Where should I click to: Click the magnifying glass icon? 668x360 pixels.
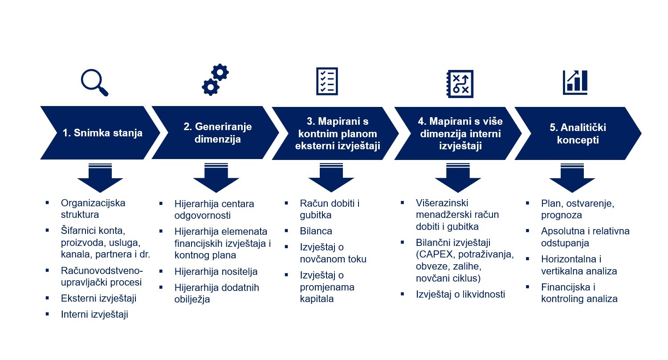point(94,82)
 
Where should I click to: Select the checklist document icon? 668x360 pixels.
point(327,81)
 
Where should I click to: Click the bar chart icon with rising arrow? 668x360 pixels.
point(575,82)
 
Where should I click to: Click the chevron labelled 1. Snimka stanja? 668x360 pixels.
point(100,133)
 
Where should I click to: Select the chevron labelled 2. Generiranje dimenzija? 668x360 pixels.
point(216,133)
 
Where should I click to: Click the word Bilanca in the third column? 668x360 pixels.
point(316,231)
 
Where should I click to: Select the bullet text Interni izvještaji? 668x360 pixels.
point(94,315)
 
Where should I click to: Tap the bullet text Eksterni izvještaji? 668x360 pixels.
point(98,299)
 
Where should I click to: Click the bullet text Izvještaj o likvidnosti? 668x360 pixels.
point(460,295)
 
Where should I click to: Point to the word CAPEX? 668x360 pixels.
point(435,255)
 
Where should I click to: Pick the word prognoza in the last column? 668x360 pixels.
point(562,215)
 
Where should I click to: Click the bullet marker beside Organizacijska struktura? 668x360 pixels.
point(47,203)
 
